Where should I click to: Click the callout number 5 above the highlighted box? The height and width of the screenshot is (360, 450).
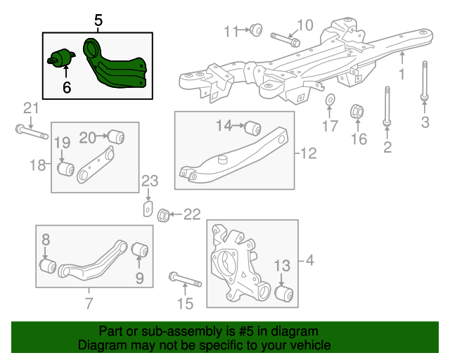coord(98,21)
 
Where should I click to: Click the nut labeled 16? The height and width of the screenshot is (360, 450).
coord(356,111)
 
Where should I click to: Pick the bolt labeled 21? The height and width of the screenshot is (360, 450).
coord(29,131)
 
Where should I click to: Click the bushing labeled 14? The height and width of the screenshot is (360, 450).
coord(253,127)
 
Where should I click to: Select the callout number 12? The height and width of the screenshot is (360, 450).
coord(309,153)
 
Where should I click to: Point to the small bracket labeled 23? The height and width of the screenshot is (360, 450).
coord(148,208)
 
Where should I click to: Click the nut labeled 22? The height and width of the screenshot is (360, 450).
coord(163,214)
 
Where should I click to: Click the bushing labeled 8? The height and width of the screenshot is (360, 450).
coord(46,267)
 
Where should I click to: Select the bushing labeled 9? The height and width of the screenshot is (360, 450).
coord(139,249)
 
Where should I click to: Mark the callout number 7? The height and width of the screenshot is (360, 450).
coord(89,304)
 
